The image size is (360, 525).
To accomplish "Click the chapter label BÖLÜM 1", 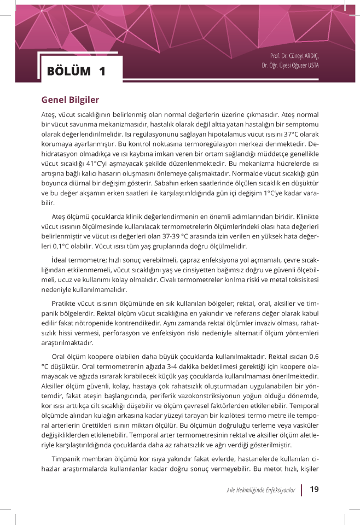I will click(x=76, y=71).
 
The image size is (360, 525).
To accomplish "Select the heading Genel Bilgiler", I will click(x=70, y=101).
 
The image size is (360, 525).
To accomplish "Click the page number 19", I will click(x=314, y=489).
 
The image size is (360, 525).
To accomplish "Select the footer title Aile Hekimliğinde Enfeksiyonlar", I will click(x=261, y=489).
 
